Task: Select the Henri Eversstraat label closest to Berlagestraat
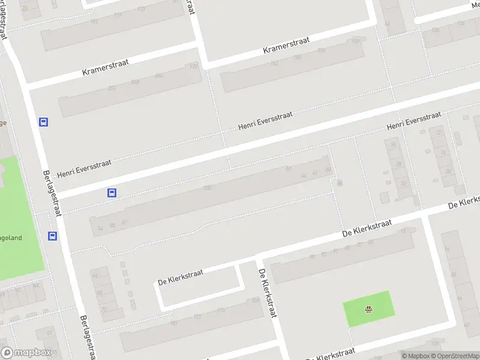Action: click(x=84, y=168)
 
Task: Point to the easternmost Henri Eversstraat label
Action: click(x=414, y=120)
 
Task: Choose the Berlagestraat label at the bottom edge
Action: click(x=88, y=336)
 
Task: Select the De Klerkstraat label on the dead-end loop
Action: click(x=180, y=277)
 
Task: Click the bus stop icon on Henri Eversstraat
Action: click(x=112, y=193)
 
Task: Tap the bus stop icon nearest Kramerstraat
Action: click(x=43, y=122)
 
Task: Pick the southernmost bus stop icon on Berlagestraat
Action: click(x=53, y=236)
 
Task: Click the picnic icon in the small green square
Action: click(x=368, y=310)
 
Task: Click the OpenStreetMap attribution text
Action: click(x=459, y=356)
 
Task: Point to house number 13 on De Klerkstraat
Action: click(x=403, y=232)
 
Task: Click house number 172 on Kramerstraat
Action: click(x=193, y=67)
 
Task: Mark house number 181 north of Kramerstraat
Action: click(x=94, y=22)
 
